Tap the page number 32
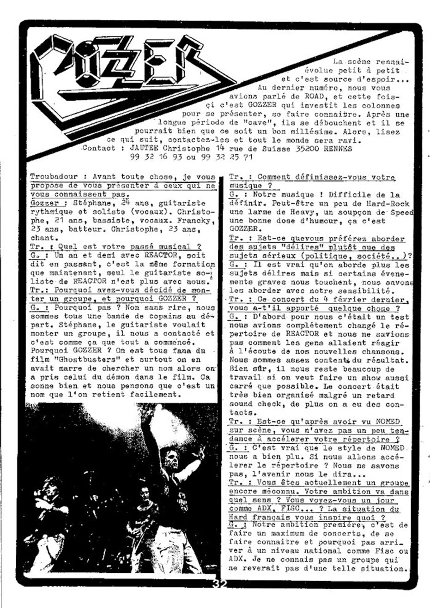(220, 583)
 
